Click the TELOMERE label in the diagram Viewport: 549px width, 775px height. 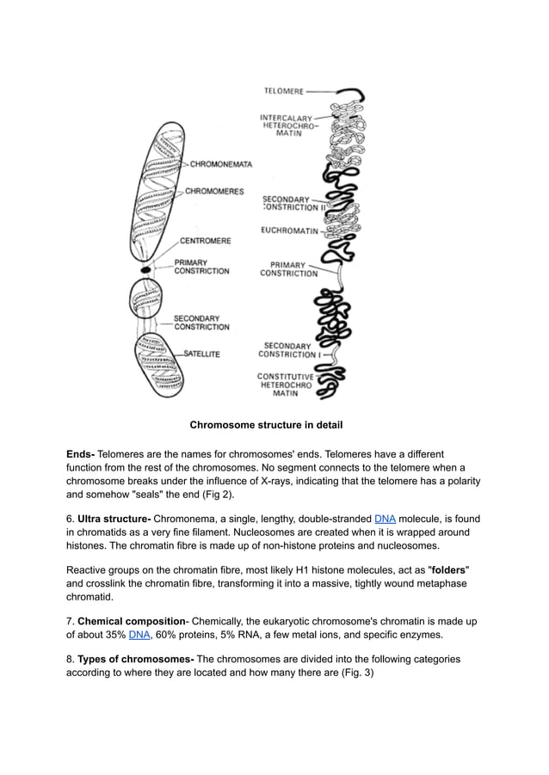coord(283,90)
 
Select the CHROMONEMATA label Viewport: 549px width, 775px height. coord(221,163)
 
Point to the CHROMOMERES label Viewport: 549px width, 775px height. coord(214,191)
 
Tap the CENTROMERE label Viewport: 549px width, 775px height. coord(204,241)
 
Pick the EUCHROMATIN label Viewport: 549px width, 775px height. coord(289,230)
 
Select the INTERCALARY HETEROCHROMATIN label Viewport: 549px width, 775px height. coord(287,126)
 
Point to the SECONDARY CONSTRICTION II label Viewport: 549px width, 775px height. coord(293,203)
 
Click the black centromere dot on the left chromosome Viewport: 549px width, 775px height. coord(146,269)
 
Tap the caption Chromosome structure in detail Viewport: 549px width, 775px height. coord(266,425)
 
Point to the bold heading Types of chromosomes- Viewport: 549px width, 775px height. coord(136,659)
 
